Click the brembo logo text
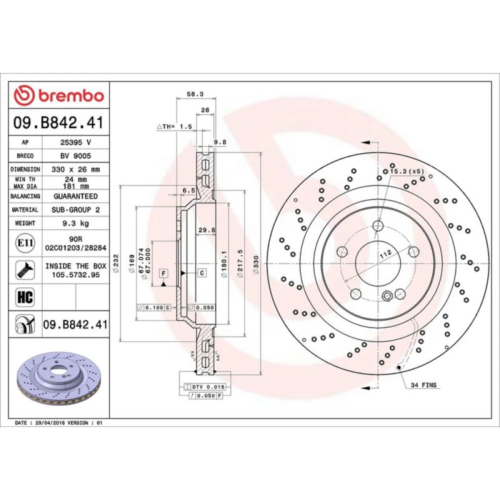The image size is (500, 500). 71,95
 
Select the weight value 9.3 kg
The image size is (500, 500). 75,223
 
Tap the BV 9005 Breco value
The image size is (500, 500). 75,156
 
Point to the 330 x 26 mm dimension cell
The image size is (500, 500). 75,169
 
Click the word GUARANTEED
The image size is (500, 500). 75,196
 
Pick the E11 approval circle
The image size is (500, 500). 25,243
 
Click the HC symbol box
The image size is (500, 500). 25,297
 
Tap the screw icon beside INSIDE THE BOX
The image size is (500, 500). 25,270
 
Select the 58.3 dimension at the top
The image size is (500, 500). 195,94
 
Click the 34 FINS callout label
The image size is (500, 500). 423,385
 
